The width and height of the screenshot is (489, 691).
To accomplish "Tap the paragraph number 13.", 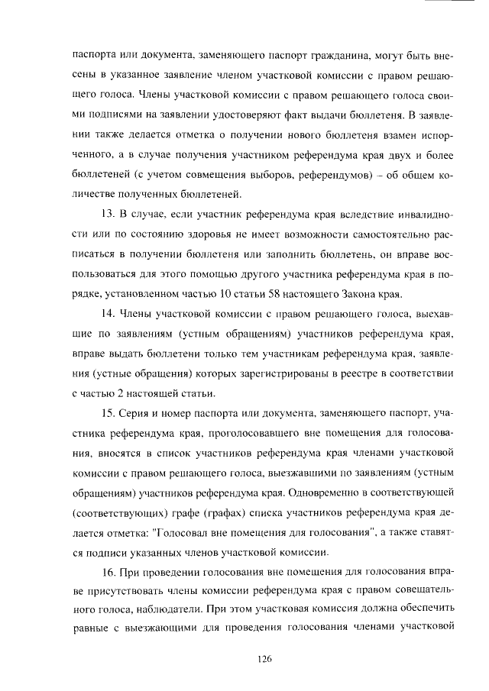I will (x=108, y=214).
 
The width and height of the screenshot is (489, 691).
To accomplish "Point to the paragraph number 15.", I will (x=108, y=413).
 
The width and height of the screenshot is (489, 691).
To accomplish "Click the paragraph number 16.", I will (x=108, y=572).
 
